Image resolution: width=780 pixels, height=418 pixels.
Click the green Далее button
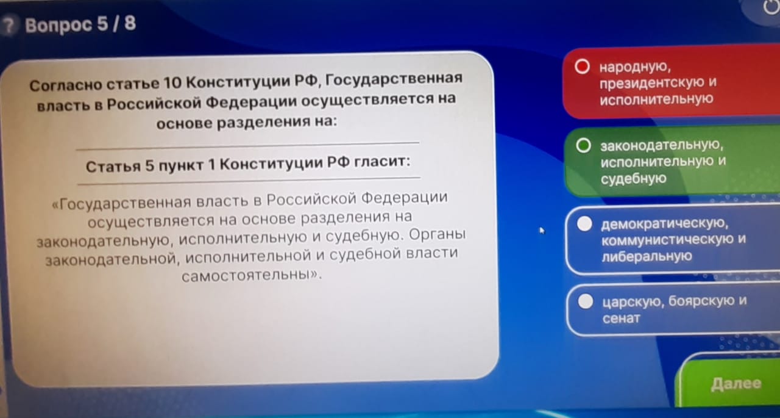click(731, 383)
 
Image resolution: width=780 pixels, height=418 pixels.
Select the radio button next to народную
click(582, 67)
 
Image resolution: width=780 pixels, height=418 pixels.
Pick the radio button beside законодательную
click(583, 145)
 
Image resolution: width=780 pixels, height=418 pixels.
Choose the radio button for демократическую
click(584, 224)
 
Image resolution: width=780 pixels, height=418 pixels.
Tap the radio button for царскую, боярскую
click(586, 301)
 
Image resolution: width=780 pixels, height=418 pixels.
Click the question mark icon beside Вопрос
click(9, 26)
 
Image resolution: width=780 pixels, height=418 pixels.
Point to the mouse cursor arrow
click(542, 231)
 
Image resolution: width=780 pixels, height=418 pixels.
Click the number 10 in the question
click(172, 84)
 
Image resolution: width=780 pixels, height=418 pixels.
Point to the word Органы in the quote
click(437, 234)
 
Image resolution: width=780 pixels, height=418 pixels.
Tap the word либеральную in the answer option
click(647, 256)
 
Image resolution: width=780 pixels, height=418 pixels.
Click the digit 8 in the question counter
click(130, 23)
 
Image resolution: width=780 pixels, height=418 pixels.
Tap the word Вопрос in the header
click(58, 26)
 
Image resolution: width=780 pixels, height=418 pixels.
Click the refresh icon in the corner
click(771, 6)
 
